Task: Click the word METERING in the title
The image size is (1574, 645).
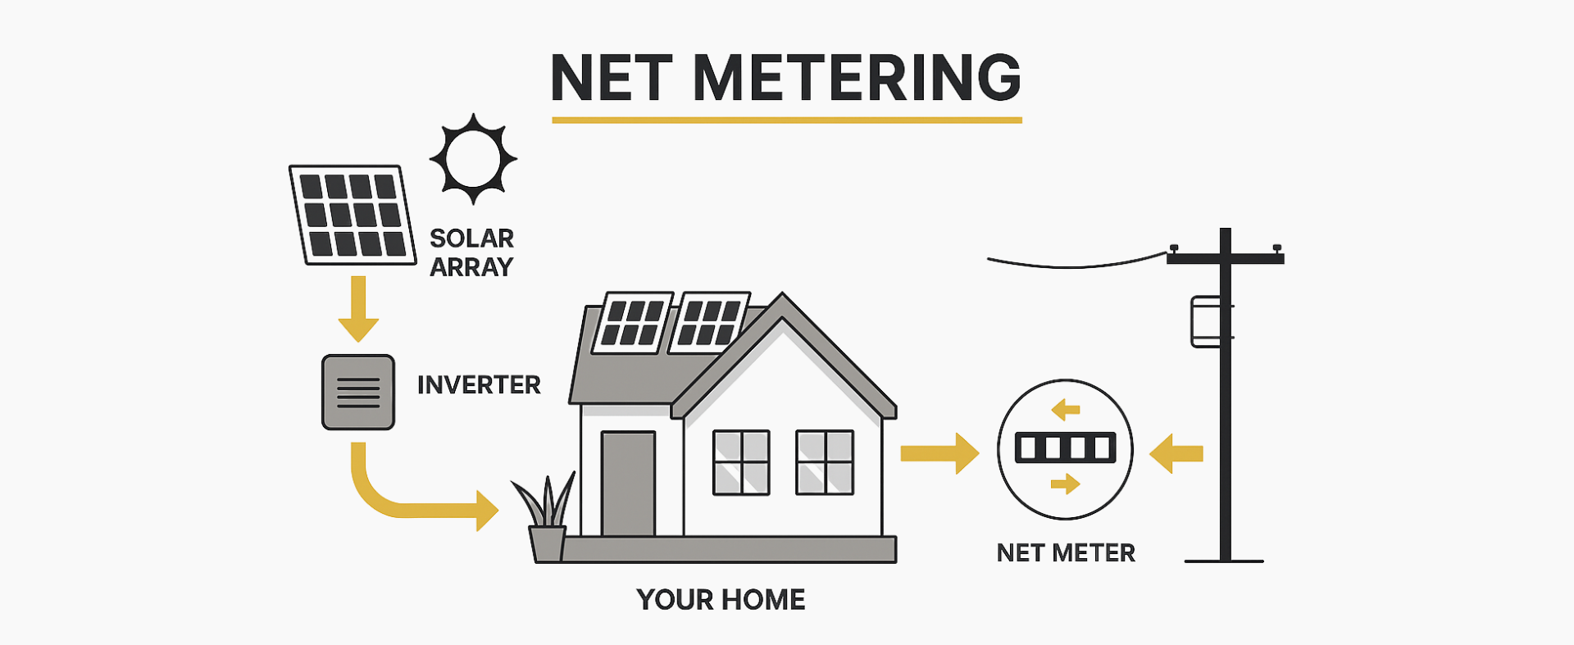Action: pyautogui.click(x=857, y=78)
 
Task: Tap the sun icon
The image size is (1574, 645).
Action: pyautogui.click(x=473, y=159)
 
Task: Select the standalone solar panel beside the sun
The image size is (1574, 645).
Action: pyautogui.click(x=353, y=215)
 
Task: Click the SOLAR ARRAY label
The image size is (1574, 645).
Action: pyautogui.click(x=471, y=252)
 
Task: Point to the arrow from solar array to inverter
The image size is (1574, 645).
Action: pyautogui.click(x=358, y=309)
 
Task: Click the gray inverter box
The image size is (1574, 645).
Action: pyautogui.click(x=358, y=392)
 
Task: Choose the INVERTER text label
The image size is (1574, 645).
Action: pyautogui.click(x=479, y=385)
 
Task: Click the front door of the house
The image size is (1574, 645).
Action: pyautogui.click(x=628, y=484)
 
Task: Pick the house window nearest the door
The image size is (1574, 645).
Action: pyautogui.click(x=741, y=462)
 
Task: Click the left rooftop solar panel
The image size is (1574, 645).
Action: pyautogui.click(x=632, y=323)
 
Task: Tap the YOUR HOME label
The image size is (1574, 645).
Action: pyautogui.click(x=721, y=600)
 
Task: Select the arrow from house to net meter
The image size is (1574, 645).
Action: pyautogui.click(x=939, y=453)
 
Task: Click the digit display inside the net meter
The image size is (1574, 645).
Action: pyautogui.click(x=1065, y=448)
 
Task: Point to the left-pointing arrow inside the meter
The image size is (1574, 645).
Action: pyautogui.click(x=1066, y=409)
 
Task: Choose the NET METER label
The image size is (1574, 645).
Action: pyautogui.click(x=1066, y=553)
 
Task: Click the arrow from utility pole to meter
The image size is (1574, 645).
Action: pyautogui.click(x=1176, y=453)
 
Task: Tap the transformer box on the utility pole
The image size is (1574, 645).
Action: pyautogui.click(x=1206, y=322)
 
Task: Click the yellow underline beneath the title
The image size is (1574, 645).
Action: pyautogui.click(x=786, y=120)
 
